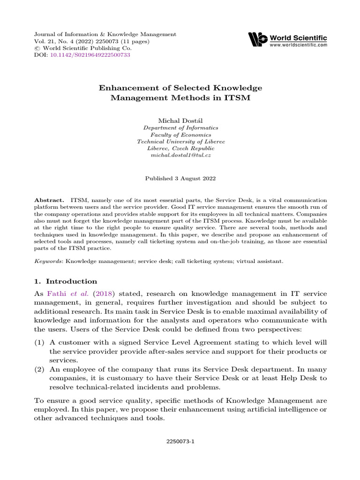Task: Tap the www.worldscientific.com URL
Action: click(298, 45)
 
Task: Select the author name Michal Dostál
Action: click(180, 120)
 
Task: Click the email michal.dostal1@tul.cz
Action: click(180, 155)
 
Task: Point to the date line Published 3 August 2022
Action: click(180, 178)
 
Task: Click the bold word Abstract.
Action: click(50, 200)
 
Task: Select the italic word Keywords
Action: click(48, 261)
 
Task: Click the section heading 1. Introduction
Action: click(66, 281)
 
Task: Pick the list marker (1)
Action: click(40, 343)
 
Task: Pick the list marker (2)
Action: click(40, 369)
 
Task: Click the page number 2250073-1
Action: click(180, 441)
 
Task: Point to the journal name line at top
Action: click(105, 34)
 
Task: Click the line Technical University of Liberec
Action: click(180, 141)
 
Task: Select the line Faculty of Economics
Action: click(180, 135)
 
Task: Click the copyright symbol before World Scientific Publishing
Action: click(37, 48)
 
